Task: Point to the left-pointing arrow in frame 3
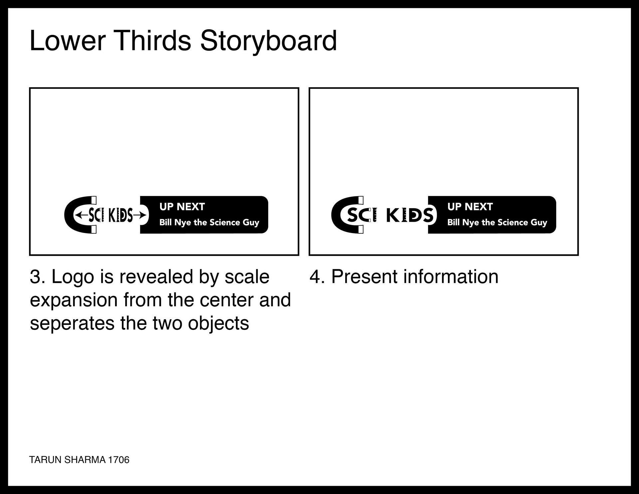82,215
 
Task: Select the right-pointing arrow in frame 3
139,215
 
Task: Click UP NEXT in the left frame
182,207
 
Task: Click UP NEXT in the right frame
470,207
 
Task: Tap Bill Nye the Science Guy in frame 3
209,223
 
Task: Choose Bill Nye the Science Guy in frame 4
497,223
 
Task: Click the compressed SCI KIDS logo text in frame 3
111,215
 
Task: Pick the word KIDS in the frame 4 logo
410,215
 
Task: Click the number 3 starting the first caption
35,277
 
